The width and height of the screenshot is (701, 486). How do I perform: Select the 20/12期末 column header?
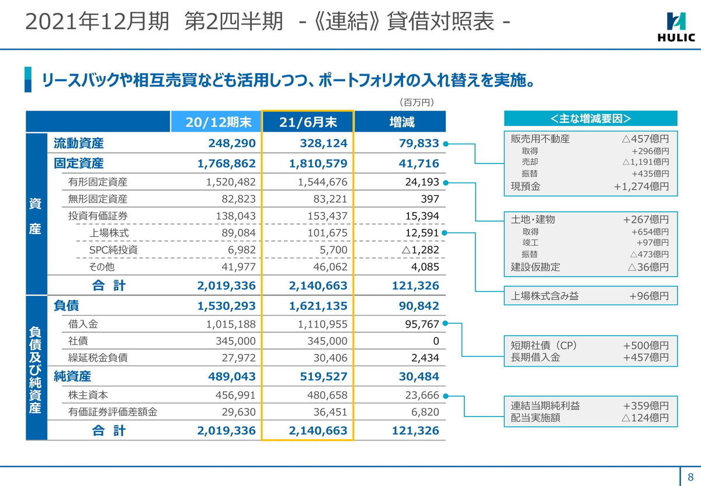click(x=218, y=122)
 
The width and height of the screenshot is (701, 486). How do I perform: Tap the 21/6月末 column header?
click(x=308, y=122)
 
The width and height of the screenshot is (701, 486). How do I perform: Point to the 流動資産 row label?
click(x=78, y=143)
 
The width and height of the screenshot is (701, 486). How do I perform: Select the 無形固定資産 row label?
click(x=98, y=199)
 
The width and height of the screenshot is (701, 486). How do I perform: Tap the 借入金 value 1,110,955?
click(x=322, y=324)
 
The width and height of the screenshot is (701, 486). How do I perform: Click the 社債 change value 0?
click(x=436, y=341)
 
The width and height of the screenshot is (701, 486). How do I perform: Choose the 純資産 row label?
click(x=72, y=377)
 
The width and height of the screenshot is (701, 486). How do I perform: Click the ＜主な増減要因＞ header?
click(x=591, y=119)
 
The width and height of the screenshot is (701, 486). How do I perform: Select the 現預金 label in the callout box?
click(x=526, y=187)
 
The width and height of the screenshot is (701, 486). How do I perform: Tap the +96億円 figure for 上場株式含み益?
click(x=648, y=296)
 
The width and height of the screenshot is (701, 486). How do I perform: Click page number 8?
click(x=690, y=475)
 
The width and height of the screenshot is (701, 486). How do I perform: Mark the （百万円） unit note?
click(x=416, y=102)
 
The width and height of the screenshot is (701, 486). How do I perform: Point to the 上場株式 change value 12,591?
click(x=422, y=233)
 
